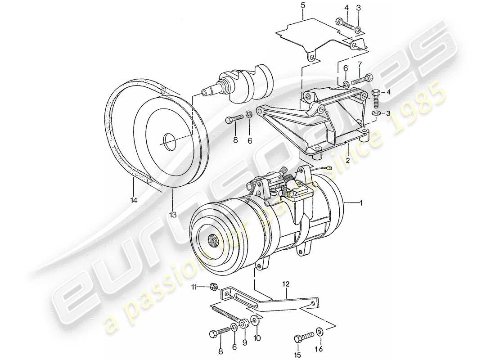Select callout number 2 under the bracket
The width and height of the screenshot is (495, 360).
tap(347, 160)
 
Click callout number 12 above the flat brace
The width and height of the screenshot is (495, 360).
tap(286, 284)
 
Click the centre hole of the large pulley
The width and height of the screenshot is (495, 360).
tap(170, 141)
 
